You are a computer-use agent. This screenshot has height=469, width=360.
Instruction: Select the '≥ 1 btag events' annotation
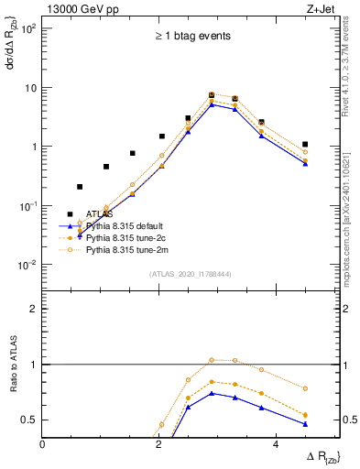[x=191, y=37]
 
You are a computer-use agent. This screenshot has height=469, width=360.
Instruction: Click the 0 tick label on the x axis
[x=43, y=444]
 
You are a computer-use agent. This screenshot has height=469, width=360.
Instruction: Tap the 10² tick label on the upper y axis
[x=28, y=28]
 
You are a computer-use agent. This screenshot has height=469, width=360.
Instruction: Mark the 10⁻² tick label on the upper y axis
[x=28, y=265]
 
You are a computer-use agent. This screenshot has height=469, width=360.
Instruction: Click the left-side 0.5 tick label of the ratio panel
[x=30, y=420]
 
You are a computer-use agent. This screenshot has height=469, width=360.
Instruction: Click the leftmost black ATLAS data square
[x=80, y=187]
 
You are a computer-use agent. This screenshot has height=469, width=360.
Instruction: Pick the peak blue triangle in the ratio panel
[x=213, y=394]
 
